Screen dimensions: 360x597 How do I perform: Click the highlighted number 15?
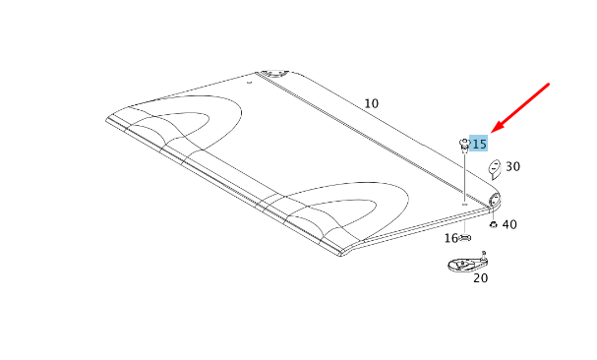(479, 144)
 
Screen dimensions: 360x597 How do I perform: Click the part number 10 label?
(371, 103)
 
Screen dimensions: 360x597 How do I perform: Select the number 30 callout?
(513, 167)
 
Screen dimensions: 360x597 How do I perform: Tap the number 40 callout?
(509, 224)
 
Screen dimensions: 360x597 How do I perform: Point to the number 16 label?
(450, 238)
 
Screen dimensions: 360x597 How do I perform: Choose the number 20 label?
(480, 278)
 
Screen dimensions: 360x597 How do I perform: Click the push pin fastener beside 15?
(463, 146)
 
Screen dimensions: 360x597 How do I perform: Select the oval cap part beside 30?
(495, 167)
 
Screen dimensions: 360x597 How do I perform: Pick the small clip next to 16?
(466, 238)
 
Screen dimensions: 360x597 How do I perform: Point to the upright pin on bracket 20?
(484, 253)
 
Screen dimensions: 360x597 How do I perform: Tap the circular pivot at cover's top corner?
(269, 73)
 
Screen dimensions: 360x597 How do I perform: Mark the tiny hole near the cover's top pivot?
(249, 83)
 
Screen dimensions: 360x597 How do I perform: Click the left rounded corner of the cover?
(108, 119)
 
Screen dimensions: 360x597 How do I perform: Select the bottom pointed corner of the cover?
(342, 253)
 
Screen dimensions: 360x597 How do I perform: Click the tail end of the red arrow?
(549, 86)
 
